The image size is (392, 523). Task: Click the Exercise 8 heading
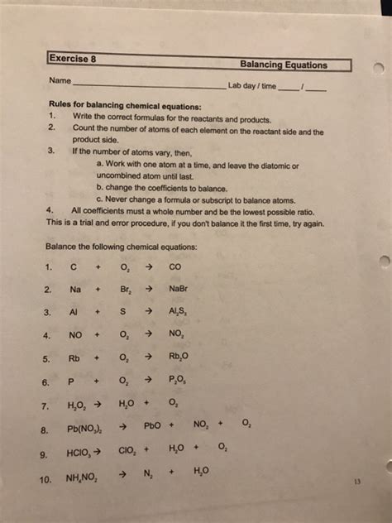pos(73,59)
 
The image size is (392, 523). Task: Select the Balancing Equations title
pos(283,65)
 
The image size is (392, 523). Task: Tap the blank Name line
pos(149,85)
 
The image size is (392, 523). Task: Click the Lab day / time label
pos(253,85)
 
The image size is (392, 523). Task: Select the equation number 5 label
pos(49,359)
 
